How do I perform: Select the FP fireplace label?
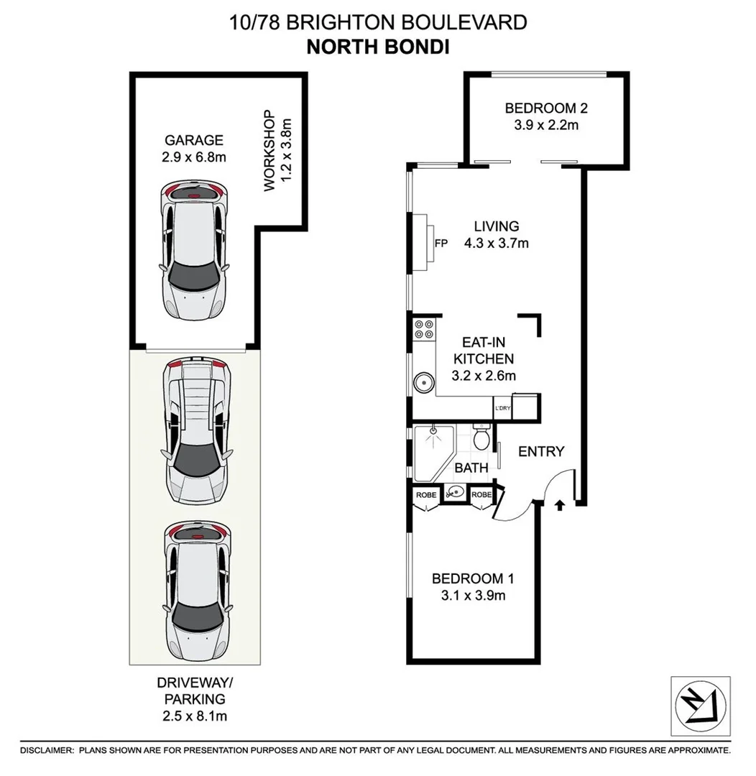(441, 243)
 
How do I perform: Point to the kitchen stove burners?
(424, 328)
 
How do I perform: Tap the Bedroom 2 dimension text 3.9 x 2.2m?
(546, 125)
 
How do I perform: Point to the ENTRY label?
(541, 451)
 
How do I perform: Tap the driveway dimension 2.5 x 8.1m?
(194, 716)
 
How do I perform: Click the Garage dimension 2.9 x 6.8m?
(193, 157)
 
